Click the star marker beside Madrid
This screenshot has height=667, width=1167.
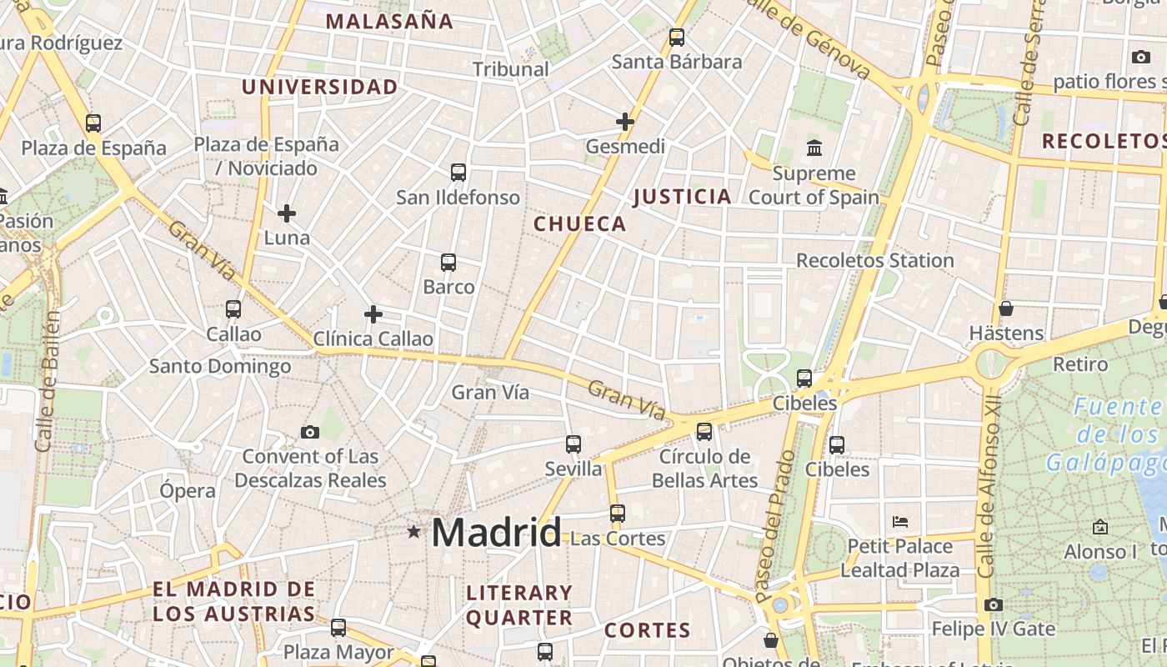[x=413, y=531]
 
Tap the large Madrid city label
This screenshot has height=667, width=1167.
[x=497, y=532]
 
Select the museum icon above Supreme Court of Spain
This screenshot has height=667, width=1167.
[x=814, y=148]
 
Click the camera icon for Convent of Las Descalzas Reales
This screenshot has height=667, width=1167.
[x=310, y=432]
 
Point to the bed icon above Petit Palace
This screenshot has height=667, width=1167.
[x=900, y=522]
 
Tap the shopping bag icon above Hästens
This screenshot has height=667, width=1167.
[x=1006, y=308]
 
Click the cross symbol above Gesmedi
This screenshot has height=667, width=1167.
[x=625, y=122]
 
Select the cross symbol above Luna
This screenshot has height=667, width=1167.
[x=287, y=213]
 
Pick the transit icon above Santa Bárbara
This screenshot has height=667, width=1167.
[x=677, y=38]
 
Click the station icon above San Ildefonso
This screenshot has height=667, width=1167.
[x=458, y=173]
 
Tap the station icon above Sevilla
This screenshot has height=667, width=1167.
[x=573, y=444]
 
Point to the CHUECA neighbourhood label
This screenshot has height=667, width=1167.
[x=580, y=223]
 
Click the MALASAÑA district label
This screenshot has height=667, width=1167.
[x=389, y=22]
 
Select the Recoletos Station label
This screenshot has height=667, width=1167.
[x=875, y=260]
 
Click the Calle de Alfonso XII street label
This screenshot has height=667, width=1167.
[x=989, y=499]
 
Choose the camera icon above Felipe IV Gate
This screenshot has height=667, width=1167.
[x=994, y=604]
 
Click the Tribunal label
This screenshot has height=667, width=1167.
[x=511, y=69]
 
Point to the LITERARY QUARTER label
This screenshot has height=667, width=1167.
[x=519, y=605]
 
